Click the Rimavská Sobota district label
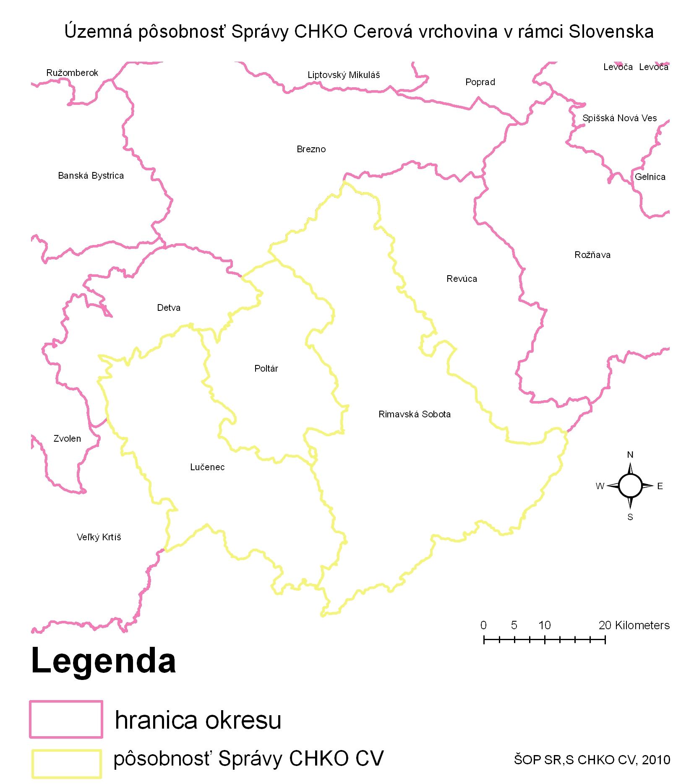[x=414, y=414]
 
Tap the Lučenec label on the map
[x=207, y=467]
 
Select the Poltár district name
[x=266, y=368]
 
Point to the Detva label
[x=169, y=307]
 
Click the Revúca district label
[x=462, y=279]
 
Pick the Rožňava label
[x=592, y=255]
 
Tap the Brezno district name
[x=311, y=149]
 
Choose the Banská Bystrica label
[x=91, y=175]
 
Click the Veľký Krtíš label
[x=99, y=537]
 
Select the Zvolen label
[x=67, y=438]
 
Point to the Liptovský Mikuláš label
[x=344, y=75]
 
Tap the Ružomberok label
[x=72, y=73]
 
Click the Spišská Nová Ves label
[x=619, y=118]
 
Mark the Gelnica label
[x=650, y=177]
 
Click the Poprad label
[x=480, y=82]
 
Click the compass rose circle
[x=630, y=485]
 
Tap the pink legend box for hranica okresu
[x=66, y=719]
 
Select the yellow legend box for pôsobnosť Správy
[x=66, y=758]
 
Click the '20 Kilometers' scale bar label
[x=634, y=625]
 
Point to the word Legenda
[x=103, y=661]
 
